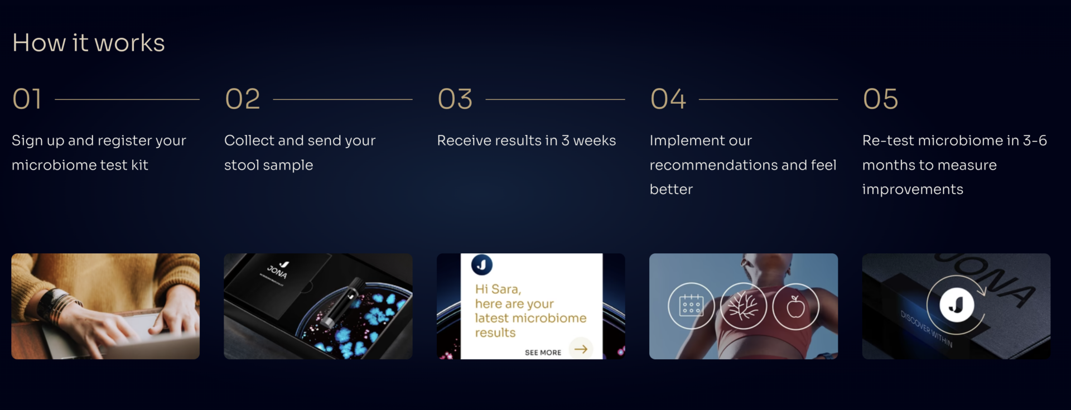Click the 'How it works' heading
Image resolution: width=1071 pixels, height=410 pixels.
click(89, 43)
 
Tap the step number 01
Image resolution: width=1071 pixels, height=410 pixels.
click(27, 99)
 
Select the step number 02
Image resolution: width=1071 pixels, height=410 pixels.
click(243, 99)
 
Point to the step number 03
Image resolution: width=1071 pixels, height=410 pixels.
click(455, 99)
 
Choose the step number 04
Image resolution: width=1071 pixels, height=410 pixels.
click(668, 99)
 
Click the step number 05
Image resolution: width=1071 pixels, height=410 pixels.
click(881, 99)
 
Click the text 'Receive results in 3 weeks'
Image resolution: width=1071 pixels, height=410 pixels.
click(527, 141)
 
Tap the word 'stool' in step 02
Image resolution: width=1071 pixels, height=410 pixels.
click(242, 165)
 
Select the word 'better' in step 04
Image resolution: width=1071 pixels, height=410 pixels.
click(671, 190)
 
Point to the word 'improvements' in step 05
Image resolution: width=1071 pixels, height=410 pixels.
click(913, 190)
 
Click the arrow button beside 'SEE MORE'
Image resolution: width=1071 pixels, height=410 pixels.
click(581, 349)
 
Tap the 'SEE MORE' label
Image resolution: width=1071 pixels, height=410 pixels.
click(543, 353)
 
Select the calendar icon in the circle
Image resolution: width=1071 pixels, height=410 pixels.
click(691, 306)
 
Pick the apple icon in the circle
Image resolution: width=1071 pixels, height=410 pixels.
click(795, 306)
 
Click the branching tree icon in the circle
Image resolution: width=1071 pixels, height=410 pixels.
click(744, 306)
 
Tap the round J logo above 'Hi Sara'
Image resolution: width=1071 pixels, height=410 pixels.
click(482, 264)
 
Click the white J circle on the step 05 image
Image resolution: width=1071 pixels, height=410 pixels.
click(957, 305)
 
